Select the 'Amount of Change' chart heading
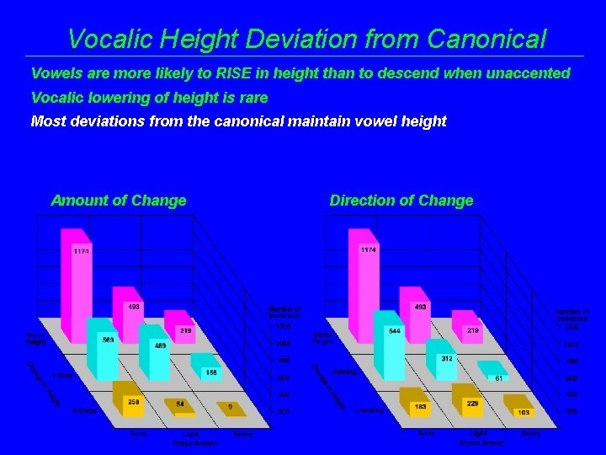[x=119, y=201]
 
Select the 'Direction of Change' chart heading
[x=401, y=201]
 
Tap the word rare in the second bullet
[x=251, y=97]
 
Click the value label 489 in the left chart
[x=160, y=345]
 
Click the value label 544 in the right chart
[x=394, y=331]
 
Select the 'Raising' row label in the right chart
[x=343, y=372]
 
